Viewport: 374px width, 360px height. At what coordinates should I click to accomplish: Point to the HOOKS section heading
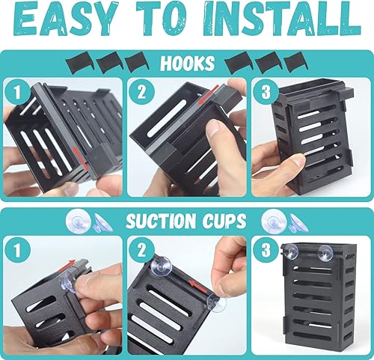(186, 64)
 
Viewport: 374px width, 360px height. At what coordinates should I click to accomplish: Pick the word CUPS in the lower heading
(221, 222)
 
